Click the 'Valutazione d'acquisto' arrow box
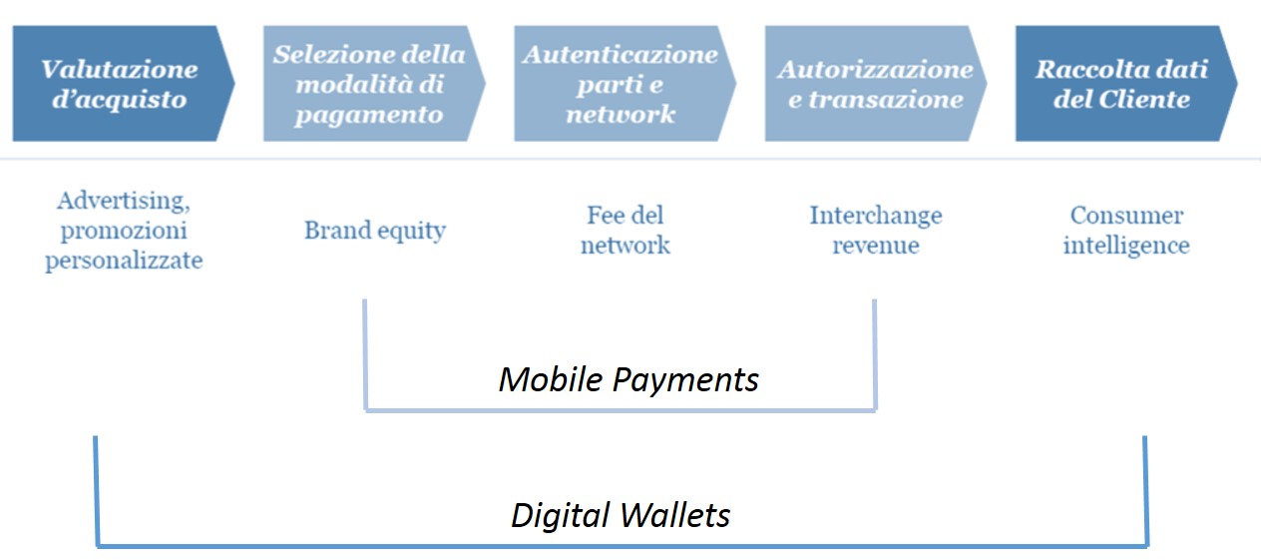(x=120, y=84)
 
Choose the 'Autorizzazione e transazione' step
(x=873, y=84)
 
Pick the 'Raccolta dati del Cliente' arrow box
(x=1122, y=84)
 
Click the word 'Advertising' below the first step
(x=122, y=201)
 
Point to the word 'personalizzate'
(x=124, y=262)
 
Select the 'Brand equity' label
(x=375, y=231)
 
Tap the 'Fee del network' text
(x=626, y=231)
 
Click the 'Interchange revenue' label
(x=875, y=231)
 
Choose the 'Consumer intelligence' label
(x=1126, y=231)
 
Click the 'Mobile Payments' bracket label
(x=629, y=379)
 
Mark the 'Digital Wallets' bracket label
(x=621, y=515)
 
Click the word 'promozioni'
(x=124, y=231)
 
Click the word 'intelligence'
(x=1126, y=246)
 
